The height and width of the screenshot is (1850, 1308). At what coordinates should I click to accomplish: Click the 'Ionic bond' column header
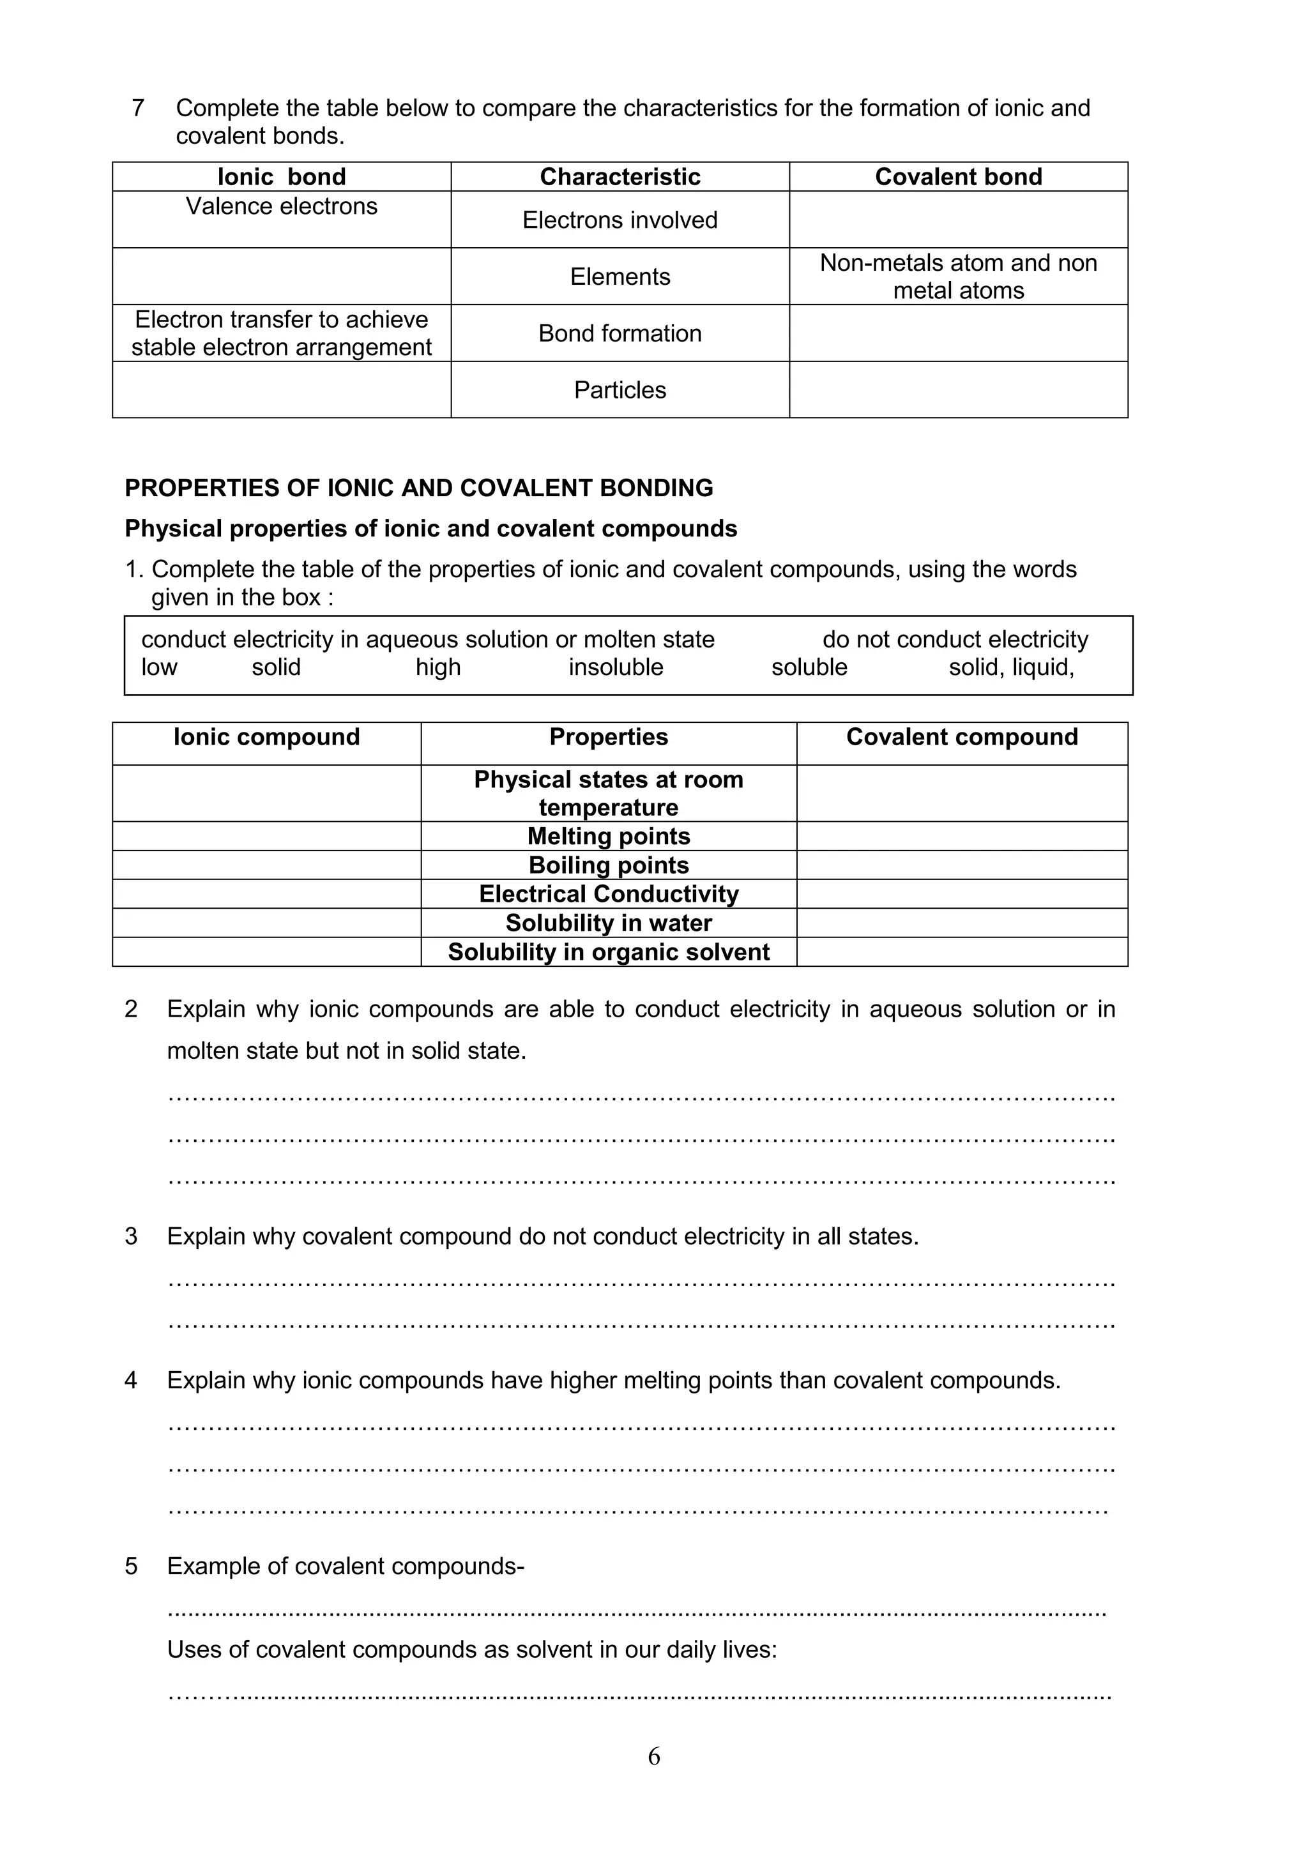tap(281, 176)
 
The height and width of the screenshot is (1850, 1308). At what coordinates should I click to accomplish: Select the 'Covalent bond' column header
tap(958, 176)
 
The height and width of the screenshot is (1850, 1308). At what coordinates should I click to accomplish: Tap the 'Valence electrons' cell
tap(281, 206)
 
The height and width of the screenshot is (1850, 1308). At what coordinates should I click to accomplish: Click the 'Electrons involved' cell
tap(620, 220)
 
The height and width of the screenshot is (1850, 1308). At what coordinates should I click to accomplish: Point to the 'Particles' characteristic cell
tap(620, 390)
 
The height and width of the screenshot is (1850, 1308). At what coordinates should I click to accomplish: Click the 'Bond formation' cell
tap(620, 333)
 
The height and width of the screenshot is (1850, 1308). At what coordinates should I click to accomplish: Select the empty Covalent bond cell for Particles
tap(958, 390)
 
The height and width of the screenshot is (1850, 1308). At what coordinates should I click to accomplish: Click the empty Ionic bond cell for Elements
tap(281, 277)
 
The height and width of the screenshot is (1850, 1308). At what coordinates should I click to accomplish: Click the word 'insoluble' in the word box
tap(616, 667)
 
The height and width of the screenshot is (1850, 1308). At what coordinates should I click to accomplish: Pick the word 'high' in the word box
tap(437, 667)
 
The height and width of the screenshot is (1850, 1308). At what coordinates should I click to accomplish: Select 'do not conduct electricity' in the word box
tap(955, 640)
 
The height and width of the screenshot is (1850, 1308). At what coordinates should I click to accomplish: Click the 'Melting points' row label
tap(609, 837)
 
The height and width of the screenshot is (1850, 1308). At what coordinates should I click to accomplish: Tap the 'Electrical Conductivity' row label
tap(609, 895)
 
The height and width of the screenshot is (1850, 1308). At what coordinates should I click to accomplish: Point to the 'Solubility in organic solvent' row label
tap(609, 952)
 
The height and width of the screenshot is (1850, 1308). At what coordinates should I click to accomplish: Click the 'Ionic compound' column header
tap(267, 738)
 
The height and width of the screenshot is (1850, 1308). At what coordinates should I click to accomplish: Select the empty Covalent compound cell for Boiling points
tap(961, 865)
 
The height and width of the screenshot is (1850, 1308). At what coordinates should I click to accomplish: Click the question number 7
tap(138, 108)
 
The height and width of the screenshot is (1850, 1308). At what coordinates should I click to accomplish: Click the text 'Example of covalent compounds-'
tap(346, 1566)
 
